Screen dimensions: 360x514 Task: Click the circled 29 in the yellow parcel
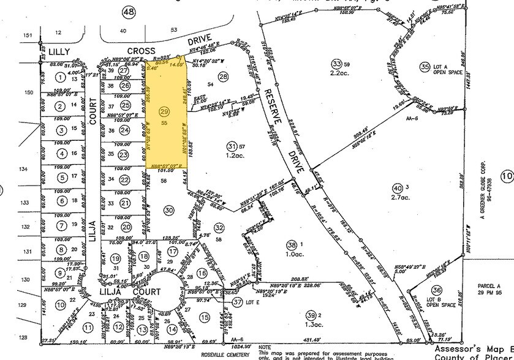pyautogui.click(x=164, y=111)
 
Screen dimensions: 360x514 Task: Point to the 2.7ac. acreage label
pyautogui.click(x=404, y=199)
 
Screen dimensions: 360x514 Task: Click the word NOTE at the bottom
pyautogui.click(x=265, y=346)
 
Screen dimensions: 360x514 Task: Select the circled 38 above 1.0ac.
pyautogui.click(x=291, y=243)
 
